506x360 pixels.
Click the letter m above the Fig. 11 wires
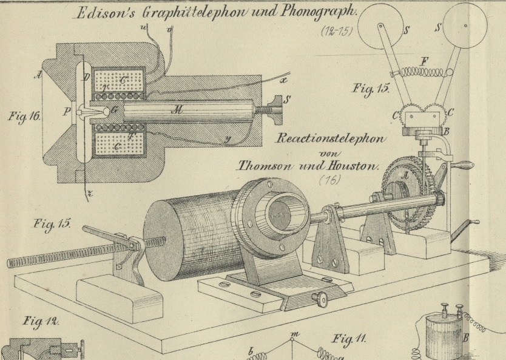tap(295, 335)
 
